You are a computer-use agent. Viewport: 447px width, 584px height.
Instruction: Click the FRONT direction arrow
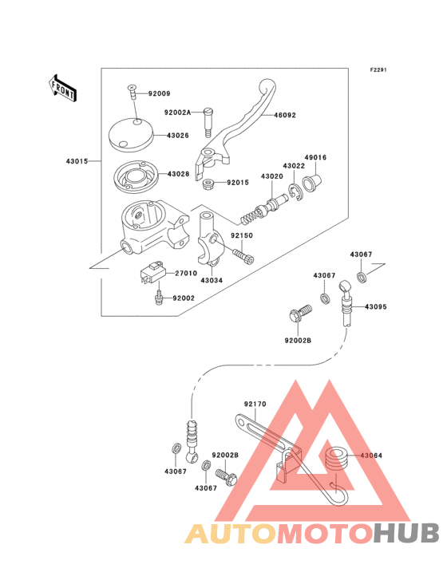pyautogui.click(x=62, y=89)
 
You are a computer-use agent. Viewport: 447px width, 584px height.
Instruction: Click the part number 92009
pyautogui.click(x=159, y=93)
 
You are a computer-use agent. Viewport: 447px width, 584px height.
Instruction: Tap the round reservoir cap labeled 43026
pyautogui.click(x=131, y=135)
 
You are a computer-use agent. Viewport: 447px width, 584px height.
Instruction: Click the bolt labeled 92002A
pyautogui.click(x=208, y=123)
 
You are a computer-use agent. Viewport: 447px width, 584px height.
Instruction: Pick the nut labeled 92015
pyautogui.click(x=208, y=183)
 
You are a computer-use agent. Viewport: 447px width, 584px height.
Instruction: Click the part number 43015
pyautogui.click(x=77, y=161)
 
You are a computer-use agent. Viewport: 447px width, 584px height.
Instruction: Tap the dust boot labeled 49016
pyautogui.click(x=311, y=181)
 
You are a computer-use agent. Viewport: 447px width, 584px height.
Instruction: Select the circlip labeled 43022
pyautogui.click(x=295, y=192)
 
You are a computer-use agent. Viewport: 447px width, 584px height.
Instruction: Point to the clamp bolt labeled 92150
pyautogui.click(x=243, y=255)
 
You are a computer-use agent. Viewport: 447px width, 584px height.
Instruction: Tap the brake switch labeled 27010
pyautogui.click(x=152, y=273)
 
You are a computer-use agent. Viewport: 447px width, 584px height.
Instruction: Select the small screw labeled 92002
pyautogui.click(x=159, y=298)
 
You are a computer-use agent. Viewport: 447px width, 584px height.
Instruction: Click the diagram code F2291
pyautogui.click(x=378, y=69)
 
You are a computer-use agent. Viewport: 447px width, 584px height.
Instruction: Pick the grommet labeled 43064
pyautogui.click(x=337, y=461)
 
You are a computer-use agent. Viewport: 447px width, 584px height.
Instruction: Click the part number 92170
pyautogui.click(x=255, y=404)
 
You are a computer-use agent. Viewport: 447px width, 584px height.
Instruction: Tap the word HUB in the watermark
pyautogui.click(x=406, y=533)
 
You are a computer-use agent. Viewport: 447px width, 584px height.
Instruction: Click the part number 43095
pyautogui.click(x=375, y=307)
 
